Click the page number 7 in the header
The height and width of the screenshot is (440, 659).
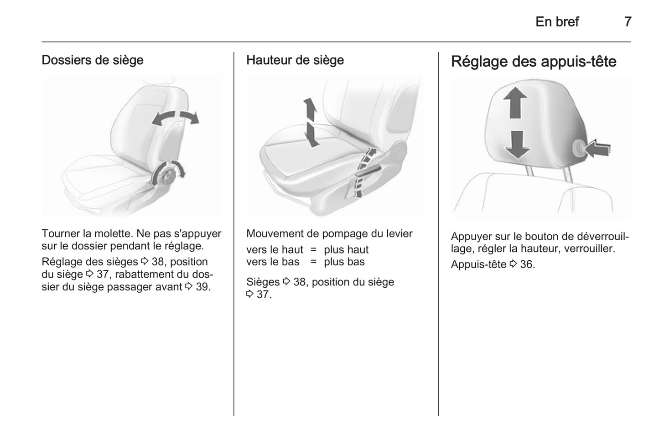[628, 22]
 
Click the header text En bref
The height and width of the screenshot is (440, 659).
[557, 22]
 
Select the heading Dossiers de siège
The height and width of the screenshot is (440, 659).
[93, 61]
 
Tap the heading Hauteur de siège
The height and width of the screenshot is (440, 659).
[295, 61]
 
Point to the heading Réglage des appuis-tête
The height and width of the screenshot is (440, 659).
[534, 62]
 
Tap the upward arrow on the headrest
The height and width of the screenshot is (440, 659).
[515, 103]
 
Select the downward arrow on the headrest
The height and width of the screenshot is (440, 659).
[518, 145]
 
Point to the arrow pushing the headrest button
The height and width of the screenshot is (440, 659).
[597, 148]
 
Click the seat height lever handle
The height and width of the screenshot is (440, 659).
[368, 171]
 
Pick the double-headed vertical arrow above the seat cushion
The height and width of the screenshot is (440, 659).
[311, 123]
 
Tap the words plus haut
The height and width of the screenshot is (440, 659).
[346, 250]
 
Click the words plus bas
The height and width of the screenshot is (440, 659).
[344, 262]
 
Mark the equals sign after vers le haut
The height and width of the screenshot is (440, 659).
[313, 250]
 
